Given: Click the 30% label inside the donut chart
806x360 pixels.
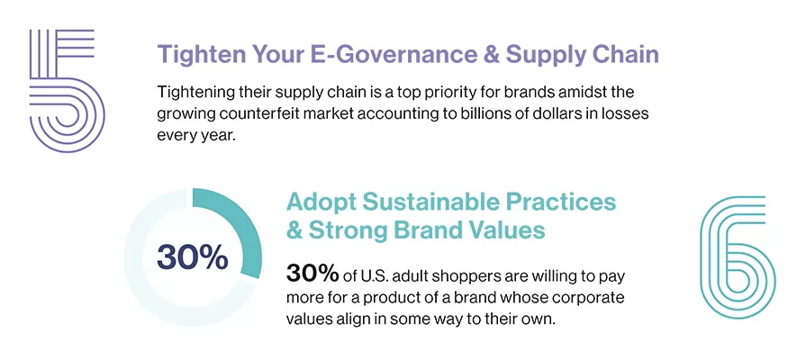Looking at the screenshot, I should pyautogui.click(x=192, y=256).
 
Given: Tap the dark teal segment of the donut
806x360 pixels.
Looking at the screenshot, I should pyautogui.click(x=240, y=229).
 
